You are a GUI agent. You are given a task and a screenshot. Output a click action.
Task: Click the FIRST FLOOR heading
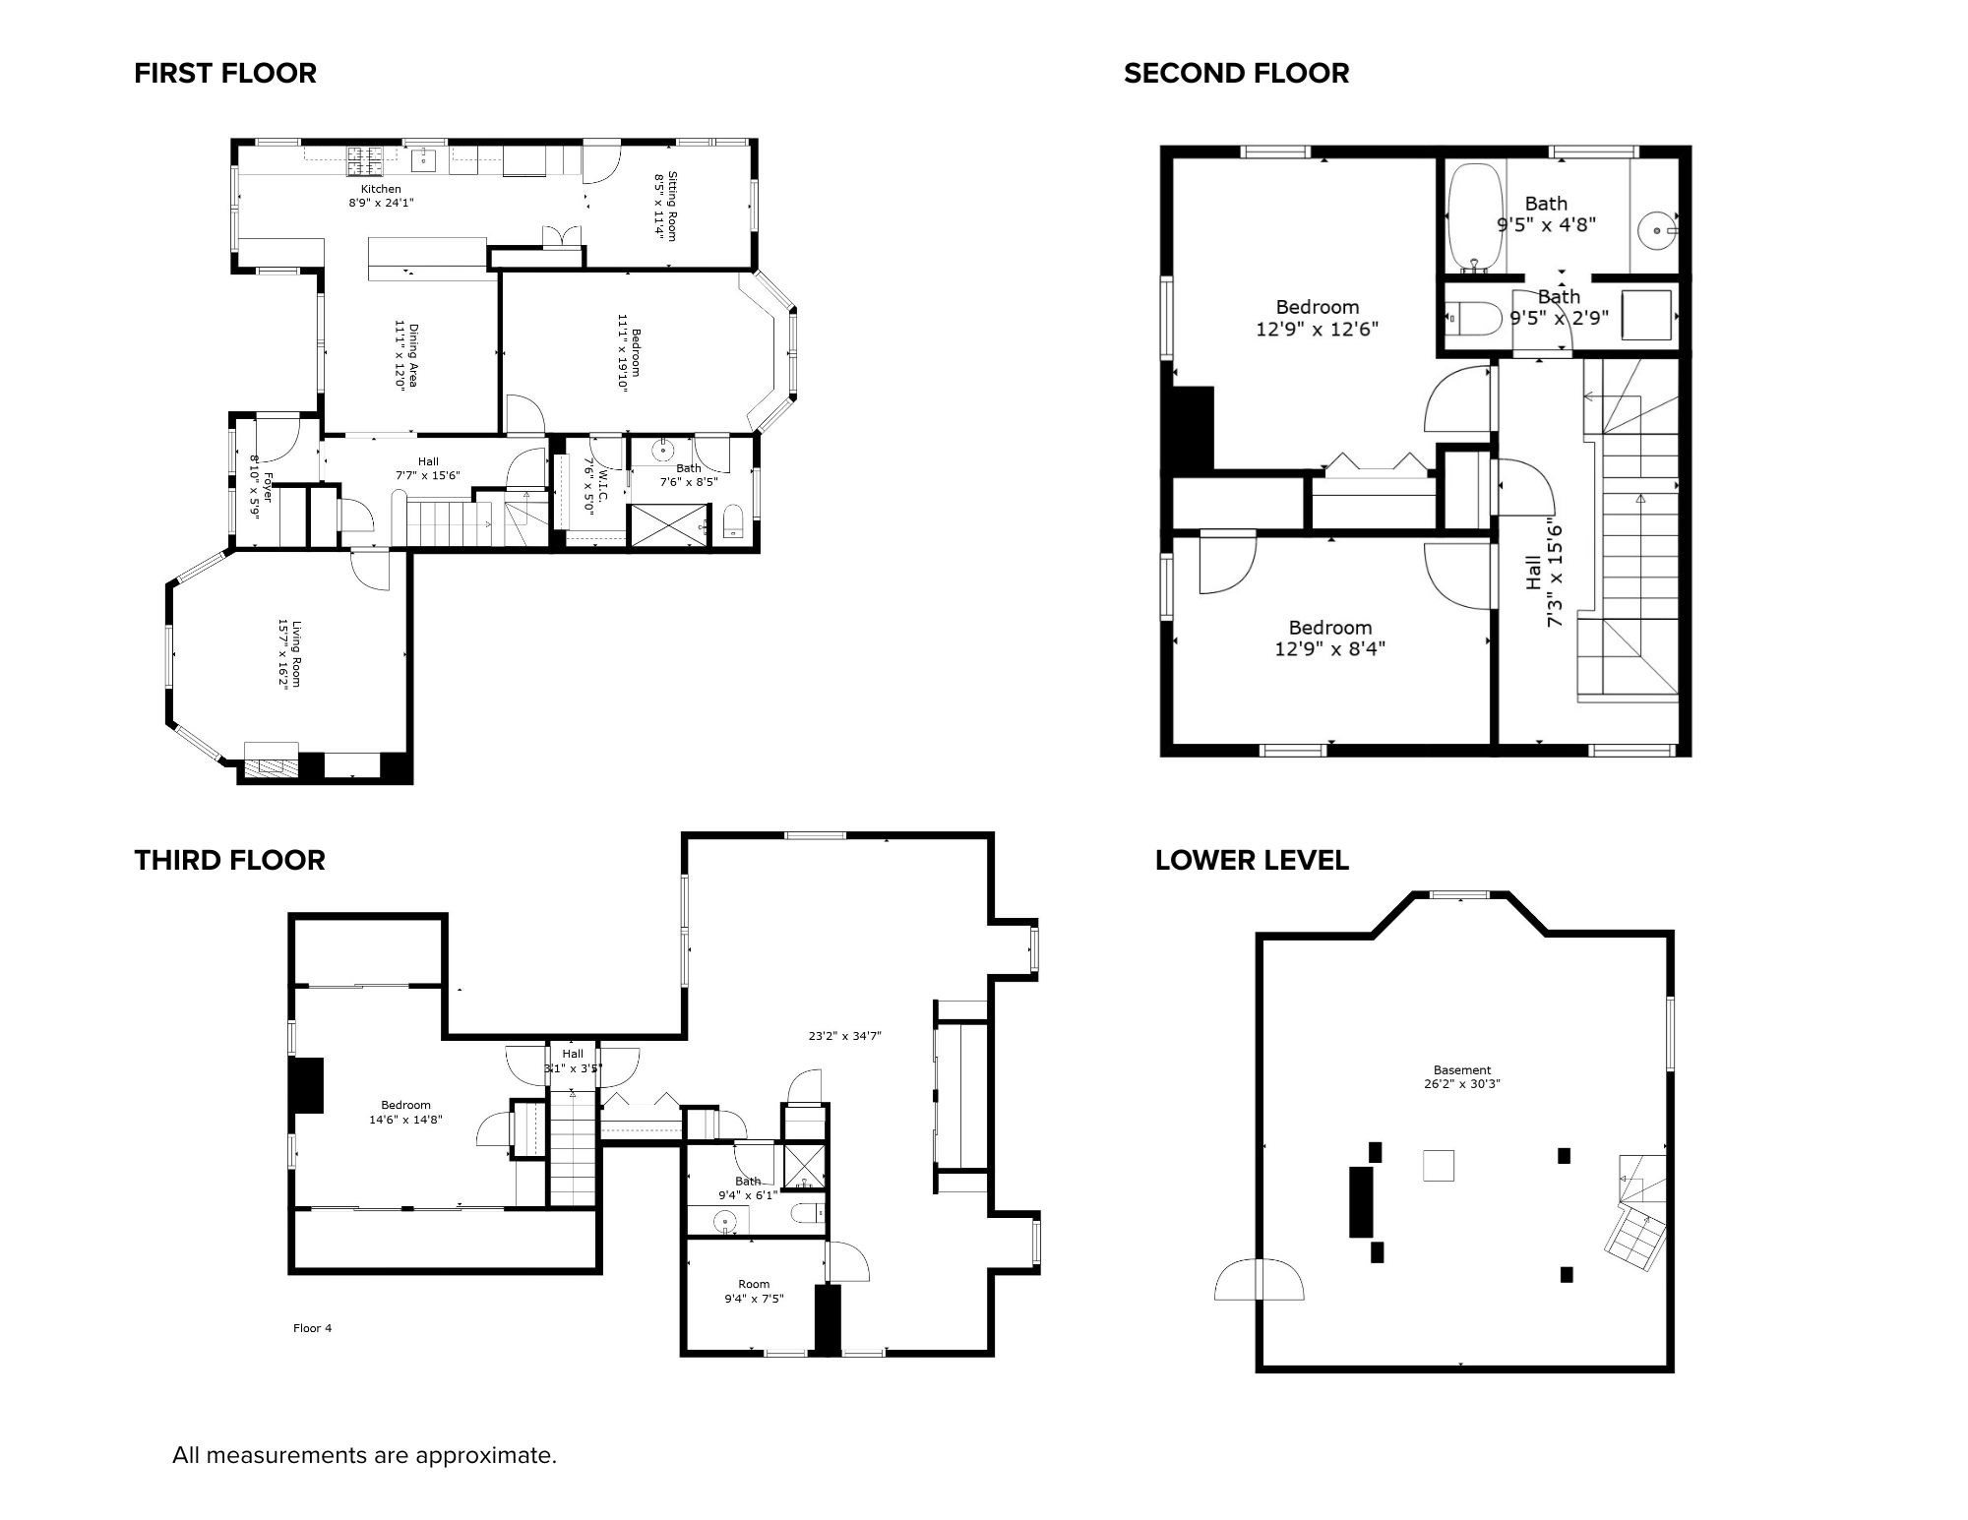(225, 74)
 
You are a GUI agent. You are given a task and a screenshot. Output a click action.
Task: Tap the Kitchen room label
(381, 190)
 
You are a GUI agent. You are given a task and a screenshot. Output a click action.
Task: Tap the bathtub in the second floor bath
(1474, 217)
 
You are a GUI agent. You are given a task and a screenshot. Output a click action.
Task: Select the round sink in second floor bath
(1657, 230)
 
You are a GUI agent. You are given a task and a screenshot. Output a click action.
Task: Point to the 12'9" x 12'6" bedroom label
(1317, 318)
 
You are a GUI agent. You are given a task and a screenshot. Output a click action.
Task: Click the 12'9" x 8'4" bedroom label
(1330, 638)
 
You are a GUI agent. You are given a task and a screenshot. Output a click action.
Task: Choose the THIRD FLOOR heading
(229, 860)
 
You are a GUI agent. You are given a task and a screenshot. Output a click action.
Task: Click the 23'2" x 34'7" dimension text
(844, 1036)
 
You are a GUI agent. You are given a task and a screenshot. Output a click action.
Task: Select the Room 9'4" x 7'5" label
(754, 1291)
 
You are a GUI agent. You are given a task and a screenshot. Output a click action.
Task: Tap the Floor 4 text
(312, 1328)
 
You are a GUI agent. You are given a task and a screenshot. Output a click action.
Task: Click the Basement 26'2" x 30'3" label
(1461, 1076)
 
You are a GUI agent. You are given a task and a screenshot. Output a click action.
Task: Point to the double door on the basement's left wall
(1259, 1280)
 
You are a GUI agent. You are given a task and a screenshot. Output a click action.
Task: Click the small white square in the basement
(1438, 1166)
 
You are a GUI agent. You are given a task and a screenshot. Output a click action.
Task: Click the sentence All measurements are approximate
(364, 1455)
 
